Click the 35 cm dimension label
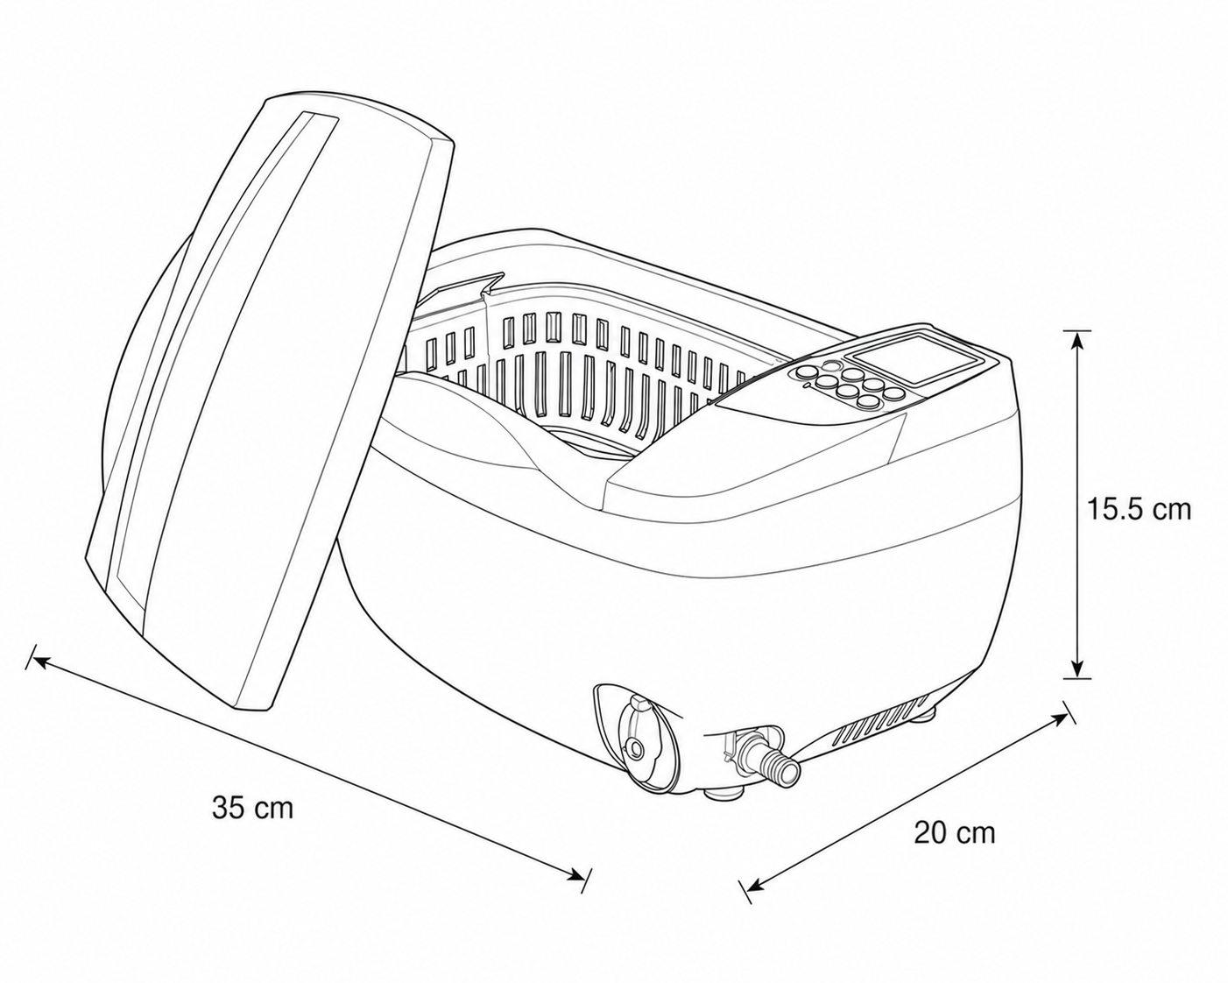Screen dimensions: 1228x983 click(x=252, y=808)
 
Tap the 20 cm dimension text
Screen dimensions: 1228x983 click(x=955, y=832)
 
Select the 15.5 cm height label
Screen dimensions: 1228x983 click(x=1139, y=509)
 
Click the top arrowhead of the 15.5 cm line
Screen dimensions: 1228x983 click(x=1077, y=342)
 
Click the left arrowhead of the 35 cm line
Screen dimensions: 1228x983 click(x=41, y=661)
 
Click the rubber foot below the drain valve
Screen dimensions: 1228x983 click(x=723, y=794)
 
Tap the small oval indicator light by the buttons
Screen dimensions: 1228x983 click(x=830, y=364)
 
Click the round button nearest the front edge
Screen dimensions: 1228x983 click(x=869, y=402)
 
